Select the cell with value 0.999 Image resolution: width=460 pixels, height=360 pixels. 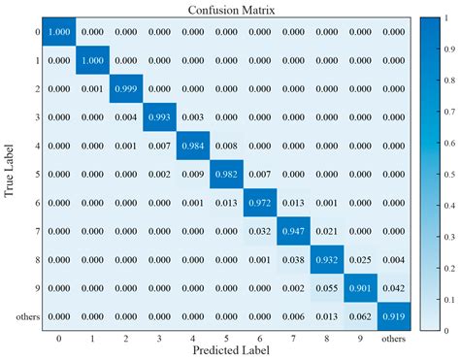coord(125,87)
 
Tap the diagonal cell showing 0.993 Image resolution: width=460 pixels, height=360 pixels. coord(160,116)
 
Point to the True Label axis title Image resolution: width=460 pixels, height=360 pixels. coord(9,175)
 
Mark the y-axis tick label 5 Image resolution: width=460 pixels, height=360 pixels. coord(36,174)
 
